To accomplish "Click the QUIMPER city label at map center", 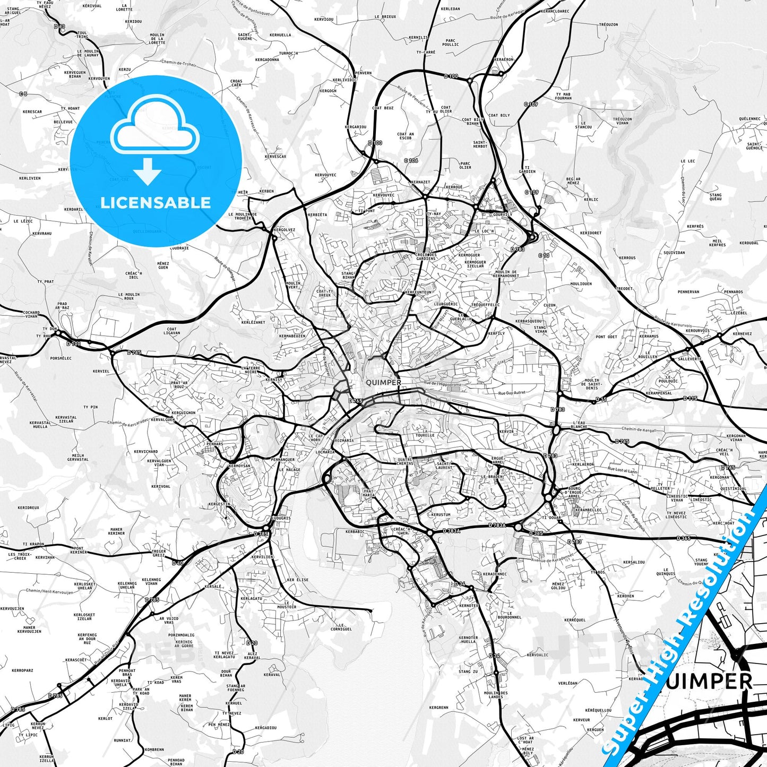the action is pyautogui.click(x=383, y=383).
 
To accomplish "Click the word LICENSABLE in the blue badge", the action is pyautogui.click(x=156, y=203).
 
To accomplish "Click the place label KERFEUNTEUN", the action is pyautogui.click(x=418, y=292).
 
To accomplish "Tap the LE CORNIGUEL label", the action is pyautogui.click(x=341, y=627).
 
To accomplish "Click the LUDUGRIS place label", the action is pyautogui.click(x=281, y=518).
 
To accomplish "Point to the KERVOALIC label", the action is pyautogui.click(x=538, y=655).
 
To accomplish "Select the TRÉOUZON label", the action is pyautogui.click(x=608, y=24).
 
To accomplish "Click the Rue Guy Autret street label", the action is pyautogui.click(x=512, y=393).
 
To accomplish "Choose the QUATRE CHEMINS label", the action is pyautogui.click(x=405, y=461).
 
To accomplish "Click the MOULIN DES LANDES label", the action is pyautogui.click(x=496, y=695).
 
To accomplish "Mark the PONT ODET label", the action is pyautogui.click(x=606, y=337).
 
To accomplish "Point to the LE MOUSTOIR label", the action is pyautogui.click(x=287, y=605).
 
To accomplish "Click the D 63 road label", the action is pyautogui.click(x=59, y=26).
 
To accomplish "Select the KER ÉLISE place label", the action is pyautogui.click(x=297, y=580).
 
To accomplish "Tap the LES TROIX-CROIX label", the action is pyautogui.click(x=20, y=556).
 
